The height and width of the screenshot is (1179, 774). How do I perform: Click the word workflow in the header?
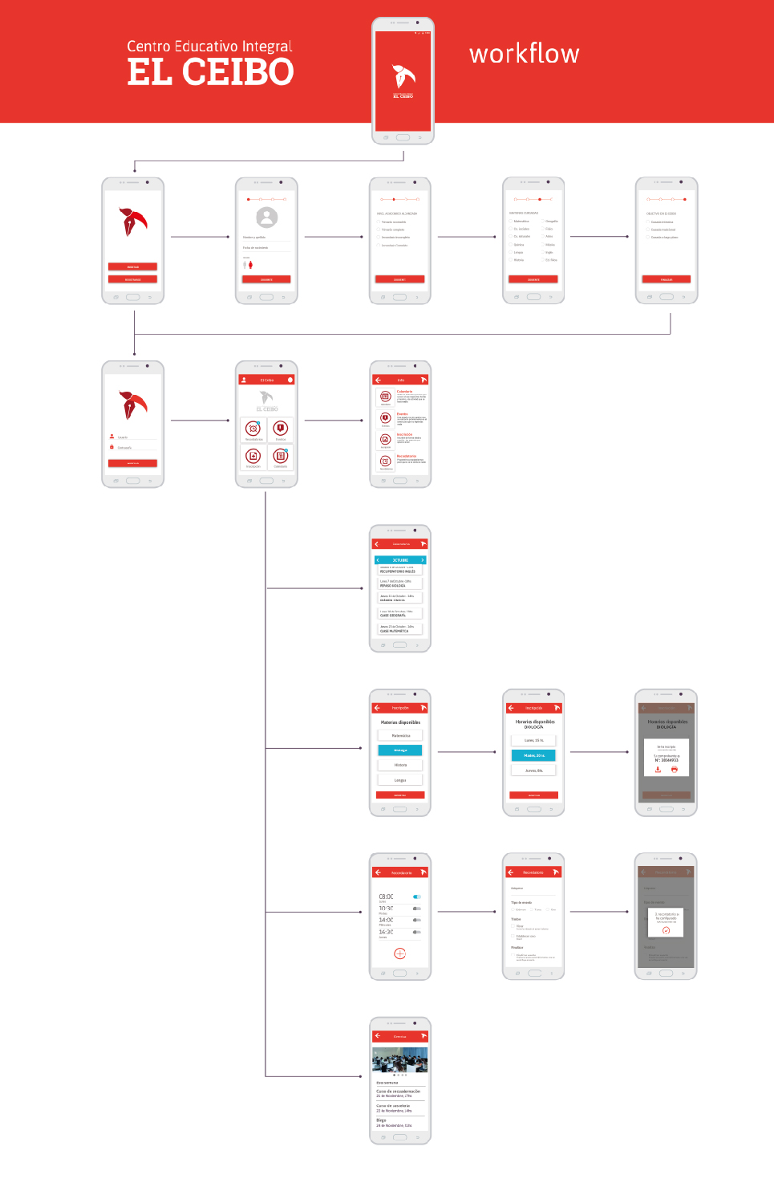coord(524,54)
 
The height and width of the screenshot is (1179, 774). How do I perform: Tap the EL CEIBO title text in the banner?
coord(210,72)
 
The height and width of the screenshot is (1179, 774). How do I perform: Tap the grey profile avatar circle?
coord(266,218)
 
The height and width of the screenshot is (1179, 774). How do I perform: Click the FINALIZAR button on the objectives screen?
coord(667,279)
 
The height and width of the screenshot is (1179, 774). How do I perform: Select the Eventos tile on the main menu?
coord(281,429)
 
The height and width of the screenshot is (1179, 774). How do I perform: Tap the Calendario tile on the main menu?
coord(281,457)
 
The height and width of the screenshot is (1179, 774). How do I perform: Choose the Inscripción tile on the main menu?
coord(253,457)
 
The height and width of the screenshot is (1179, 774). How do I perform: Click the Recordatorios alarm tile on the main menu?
coord(253,429)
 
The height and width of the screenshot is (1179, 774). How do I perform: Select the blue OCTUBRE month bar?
coord(400,560)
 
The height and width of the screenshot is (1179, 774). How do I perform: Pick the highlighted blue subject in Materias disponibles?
coord(400,750)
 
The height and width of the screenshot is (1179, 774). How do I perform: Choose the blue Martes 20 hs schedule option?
coord(533,755)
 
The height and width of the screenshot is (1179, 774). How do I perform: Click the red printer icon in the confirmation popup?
coord(675,769)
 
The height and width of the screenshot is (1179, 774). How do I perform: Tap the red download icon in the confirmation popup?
coord(658,769)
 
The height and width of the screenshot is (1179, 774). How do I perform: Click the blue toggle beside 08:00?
coord(417,896)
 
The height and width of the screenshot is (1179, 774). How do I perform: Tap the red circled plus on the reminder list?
coord(400,953)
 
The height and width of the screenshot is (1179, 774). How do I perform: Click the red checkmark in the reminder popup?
coord(666,930)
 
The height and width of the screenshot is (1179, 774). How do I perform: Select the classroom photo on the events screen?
coord(400,1060)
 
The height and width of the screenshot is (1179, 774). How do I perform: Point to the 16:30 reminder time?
coord(387,933)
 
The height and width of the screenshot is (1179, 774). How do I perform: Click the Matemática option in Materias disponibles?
coord(400,735)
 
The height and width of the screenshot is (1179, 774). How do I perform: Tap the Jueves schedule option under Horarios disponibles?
coord(533,770)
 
